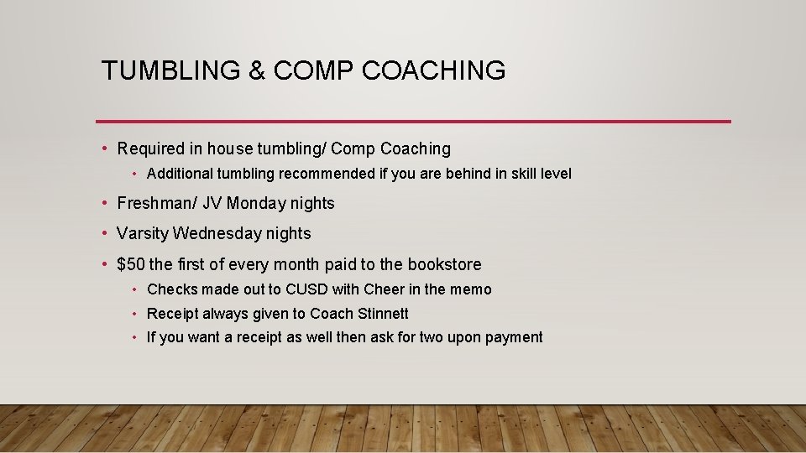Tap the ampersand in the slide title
click(x=257, y=70)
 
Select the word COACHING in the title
click(x=434, y=70)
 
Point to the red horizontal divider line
click(x=413, y=122)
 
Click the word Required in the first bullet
click(x=150, y=149)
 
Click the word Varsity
click(x=143, y=233)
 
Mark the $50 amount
click(x=131, y=264)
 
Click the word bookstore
click(x=444, y=264)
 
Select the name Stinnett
click(x=383, y=314)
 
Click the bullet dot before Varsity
click(x=103, y=233)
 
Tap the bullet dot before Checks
click(x=134, y=289)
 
